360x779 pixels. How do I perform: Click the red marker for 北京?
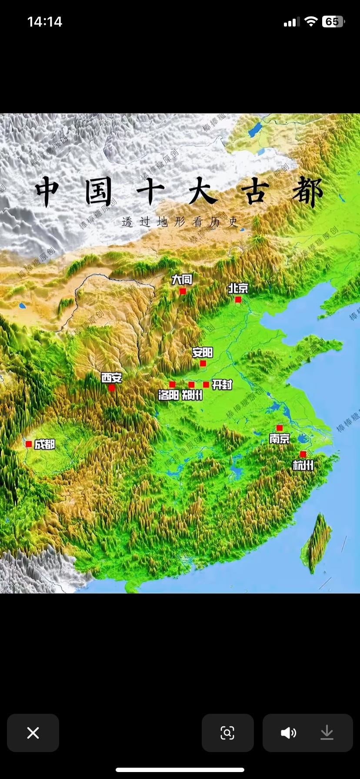[238, 300]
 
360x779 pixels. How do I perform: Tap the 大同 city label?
[182, 280]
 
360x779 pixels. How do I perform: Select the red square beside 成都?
[29, 444]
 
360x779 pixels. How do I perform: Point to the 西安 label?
[112, 377]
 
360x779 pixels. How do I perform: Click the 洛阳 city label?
[169, 395]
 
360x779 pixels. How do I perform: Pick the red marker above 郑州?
[191, 385]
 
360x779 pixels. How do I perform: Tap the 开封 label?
[222, 384]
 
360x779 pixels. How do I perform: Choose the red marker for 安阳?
[203, 363]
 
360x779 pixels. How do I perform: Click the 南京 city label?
[279, 439]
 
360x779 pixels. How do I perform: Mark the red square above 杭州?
[303, 454]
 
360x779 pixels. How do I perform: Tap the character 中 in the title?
[47, 192]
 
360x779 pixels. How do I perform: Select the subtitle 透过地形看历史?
[180, 222]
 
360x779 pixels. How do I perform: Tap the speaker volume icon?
[288, 733]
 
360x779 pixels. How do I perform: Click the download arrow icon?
[327, 733]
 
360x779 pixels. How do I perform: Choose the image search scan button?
[227, 733]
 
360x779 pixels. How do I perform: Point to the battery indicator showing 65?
[333, 22]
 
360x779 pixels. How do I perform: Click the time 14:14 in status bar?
[44, 22]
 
